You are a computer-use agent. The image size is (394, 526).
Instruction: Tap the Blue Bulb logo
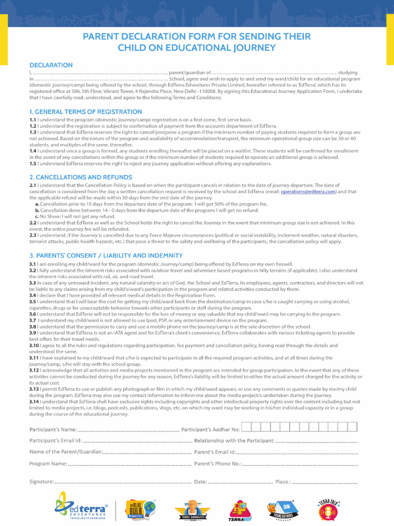point(141,509)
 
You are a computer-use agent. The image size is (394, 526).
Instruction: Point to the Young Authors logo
point(280,509)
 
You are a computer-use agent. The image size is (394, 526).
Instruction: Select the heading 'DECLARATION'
point(51,65)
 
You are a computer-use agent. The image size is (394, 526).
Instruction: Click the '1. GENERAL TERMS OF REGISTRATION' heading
point(86,111)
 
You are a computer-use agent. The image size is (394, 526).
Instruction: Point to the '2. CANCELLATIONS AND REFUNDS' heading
point(81,177)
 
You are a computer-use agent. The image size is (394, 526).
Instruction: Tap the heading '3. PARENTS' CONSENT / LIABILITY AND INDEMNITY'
point(106,255)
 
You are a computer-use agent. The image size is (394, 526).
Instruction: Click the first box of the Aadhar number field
point(246,427)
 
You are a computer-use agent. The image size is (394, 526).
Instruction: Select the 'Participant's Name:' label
point(53,429)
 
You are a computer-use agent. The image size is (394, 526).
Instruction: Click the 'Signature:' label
point(42,482)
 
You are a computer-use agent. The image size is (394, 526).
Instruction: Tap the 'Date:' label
point(200,482)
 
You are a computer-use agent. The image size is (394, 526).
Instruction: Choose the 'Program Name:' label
point(48,464)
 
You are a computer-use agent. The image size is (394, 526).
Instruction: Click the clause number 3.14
point(34,402)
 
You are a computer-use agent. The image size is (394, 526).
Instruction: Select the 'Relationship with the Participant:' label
point(234,441)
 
